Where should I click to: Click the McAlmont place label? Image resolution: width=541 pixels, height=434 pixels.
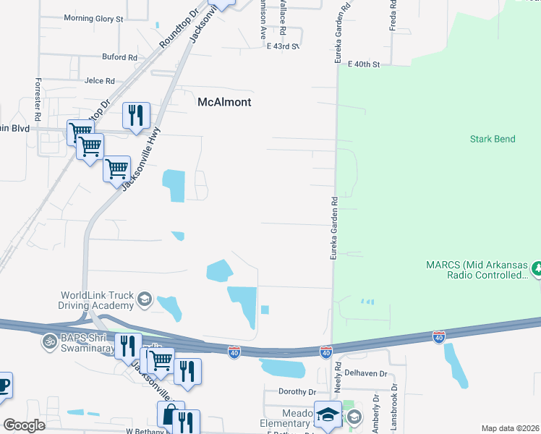point(224,103)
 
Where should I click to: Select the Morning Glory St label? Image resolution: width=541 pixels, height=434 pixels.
point(94,18)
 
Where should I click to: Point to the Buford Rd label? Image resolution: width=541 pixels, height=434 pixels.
point(119,57)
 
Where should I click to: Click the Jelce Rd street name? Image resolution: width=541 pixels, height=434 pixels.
point(99,81)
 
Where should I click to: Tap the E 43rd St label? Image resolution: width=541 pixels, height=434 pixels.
point(282,46)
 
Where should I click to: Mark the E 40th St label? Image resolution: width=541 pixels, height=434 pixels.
point(363,64)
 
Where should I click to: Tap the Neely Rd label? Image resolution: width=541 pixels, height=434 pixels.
point(337,383)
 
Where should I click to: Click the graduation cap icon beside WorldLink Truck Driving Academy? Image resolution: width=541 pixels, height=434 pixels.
point(144,299)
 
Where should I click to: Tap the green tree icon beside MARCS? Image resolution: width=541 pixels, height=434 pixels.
point(536,269)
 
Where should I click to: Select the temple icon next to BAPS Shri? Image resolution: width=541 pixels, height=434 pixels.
point(50,340)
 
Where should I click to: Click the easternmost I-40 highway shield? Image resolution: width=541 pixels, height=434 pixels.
point(438,336)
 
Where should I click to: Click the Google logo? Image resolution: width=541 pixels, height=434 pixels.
point(24,425)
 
